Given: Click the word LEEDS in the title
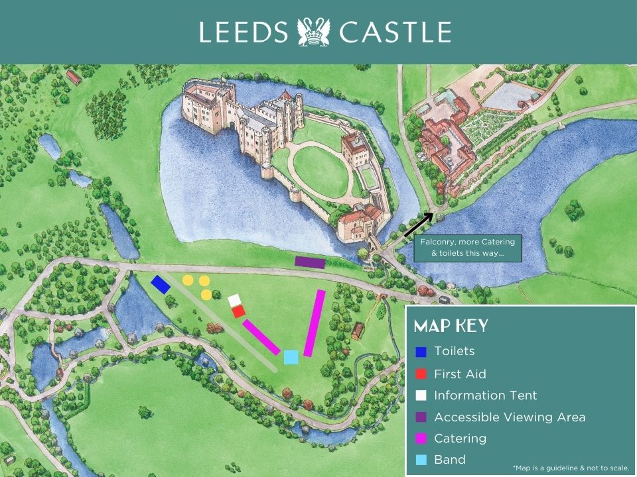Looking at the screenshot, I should click(244, 32).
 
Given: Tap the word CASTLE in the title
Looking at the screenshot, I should click(395, 32).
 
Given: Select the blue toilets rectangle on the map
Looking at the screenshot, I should click(161, 284).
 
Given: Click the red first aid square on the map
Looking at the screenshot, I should click(239, 311).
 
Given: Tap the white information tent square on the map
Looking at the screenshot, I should click(234, 301).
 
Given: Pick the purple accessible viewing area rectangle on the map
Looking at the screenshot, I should click(310, 262).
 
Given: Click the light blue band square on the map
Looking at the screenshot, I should click(291, 357).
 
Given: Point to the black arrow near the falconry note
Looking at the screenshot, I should click(418, 225).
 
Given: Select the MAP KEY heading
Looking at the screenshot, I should click(451, 326).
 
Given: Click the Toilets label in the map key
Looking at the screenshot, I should click(454, 351).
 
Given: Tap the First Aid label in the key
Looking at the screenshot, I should click(460, 374).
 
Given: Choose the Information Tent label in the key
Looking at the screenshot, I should click(485, 396).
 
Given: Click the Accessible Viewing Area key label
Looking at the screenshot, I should click(510, 417).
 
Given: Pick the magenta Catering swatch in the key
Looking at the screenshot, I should click(421, 439).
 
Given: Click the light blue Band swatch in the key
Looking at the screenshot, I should click(421, 460).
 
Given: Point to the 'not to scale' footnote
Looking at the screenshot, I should click(571, 467).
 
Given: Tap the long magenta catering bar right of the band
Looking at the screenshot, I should click(314, 323).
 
